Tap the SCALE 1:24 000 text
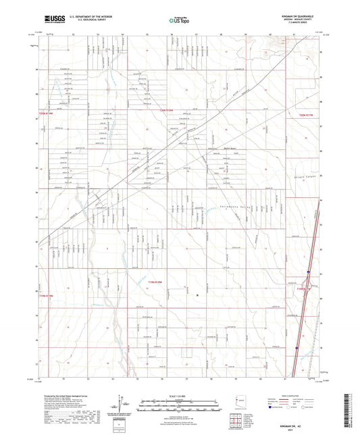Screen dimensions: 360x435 tap(179, 395)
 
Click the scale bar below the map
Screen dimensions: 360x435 tap(179, 404)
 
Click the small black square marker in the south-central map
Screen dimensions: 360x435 tap(197, 295)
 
